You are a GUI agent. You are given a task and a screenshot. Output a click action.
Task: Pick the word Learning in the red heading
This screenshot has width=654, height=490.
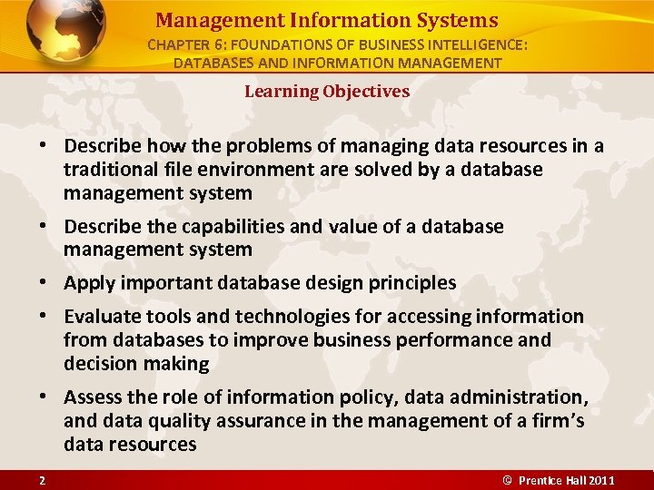pyautogui.click(x=279, y=91)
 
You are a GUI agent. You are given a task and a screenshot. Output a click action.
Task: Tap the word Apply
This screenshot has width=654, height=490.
pyautogui.click(x=88, y=282)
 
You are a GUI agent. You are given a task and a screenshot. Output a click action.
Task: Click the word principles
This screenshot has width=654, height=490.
pyautogui.click(x=413, y=282)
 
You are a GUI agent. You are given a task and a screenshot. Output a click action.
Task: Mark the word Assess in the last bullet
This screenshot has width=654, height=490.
pyautogui.click(x=94, y=397)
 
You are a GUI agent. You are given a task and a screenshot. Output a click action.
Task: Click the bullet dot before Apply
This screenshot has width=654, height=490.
pyautogui.click(x=42, y=283)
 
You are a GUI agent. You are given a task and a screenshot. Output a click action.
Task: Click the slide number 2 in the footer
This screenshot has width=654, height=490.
pyautogui.click(x=42, y=479)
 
